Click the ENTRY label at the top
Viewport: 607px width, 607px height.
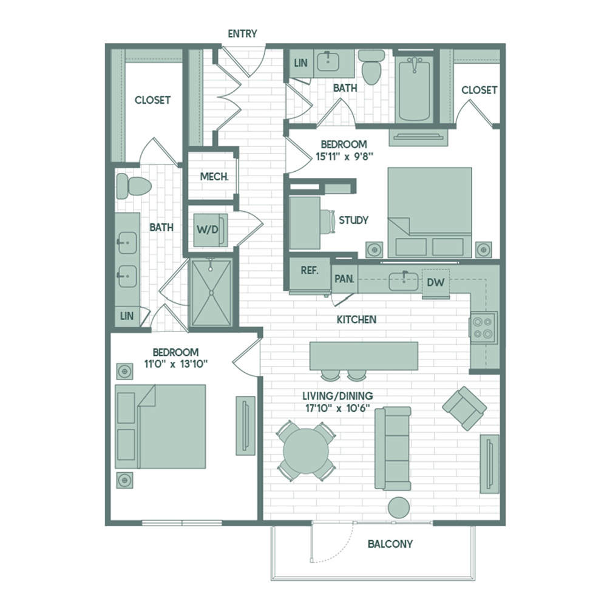[x=242, y=33]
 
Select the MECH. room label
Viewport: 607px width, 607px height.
[x=214, y=177]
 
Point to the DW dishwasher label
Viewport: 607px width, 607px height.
[x=435, y=282]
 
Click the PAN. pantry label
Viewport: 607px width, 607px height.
[x=344, y=279]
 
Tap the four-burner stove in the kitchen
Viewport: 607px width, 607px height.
[x=483, y=328]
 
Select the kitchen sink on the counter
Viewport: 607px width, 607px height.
[x=404, y=281]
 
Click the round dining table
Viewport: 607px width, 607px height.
[x=306, y=451]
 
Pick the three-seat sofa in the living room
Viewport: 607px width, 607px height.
[x=393, y=449]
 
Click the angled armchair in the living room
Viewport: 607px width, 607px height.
[x=464, y=408]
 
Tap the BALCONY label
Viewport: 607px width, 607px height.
[x=390, y=544]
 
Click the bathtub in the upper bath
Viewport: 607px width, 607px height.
[x=414, y=89]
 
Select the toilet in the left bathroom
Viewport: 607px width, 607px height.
[x=134, y=186]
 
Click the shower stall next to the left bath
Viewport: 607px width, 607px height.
[x=211, y=293]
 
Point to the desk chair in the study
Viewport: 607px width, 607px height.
[x=328, y=222]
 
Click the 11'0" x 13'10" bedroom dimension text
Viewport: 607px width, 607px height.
[x=176, y=364]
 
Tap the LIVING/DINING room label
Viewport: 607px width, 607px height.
[x=337, y=396]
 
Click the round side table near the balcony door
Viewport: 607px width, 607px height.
[x=399, y=507]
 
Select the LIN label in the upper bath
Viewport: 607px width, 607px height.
[x=301, y=63]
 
